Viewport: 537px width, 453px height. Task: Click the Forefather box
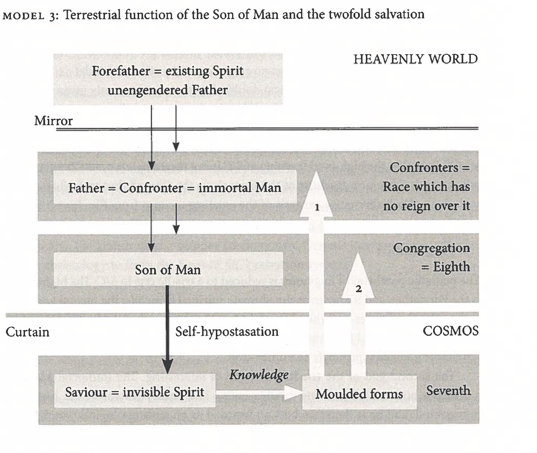[168, 80]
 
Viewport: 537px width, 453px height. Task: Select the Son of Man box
[168, 270]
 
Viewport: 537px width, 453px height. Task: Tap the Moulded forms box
[359, 393]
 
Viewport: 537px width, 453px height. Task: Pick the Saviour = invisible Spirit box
[135, 392]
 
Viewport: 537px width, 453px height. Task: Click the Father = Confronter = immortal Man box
[175, 187]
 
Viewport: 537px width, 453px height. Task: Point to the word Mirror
[53, 121]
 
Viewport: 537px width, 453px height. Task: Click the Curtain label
[27, 332]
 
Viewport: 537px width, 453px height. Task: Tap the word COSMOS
[450, 331]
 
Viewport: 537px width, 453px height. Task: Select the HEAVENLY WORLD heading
[416, 59]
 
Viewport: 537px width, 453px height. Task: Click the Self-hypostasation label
[227, 332]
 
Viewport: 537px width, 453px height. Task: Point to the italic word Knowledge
[259, 375]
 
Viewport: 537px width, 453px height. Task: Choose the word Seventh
[448, 390]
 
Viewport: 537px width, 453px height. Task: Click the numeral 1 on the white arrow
[317, 207]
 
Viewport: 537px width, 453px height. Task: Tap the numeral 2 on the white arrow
[358, 289]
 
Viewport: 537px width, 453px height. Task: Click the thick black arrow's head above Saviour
[167, 366]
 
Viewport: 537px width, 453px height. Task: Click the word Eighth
[451, 267]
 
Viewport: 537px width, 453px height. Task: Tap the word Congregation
[431, 248]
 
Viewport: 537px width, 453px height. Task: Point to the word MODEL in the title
[23, 16]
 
